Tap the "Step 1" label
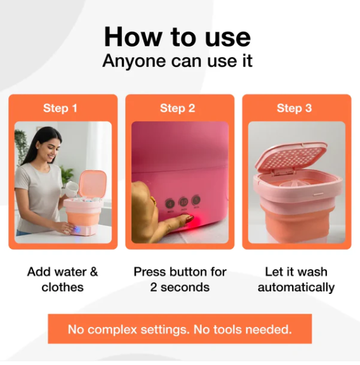click(x=60, y=108)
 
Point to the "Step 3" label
click(x=294, y=108)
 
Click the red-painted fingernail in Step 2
click(x=188, y=220)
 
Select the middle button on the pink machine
click(x=183, y=202)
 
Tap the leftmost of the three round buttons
click(x=170, y=204)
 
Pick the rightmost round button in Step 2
click(x=196, y=201)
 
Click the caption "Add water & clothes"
click(x=63, y=279)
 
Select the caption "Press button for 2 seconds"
click(x=180, y=279)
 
